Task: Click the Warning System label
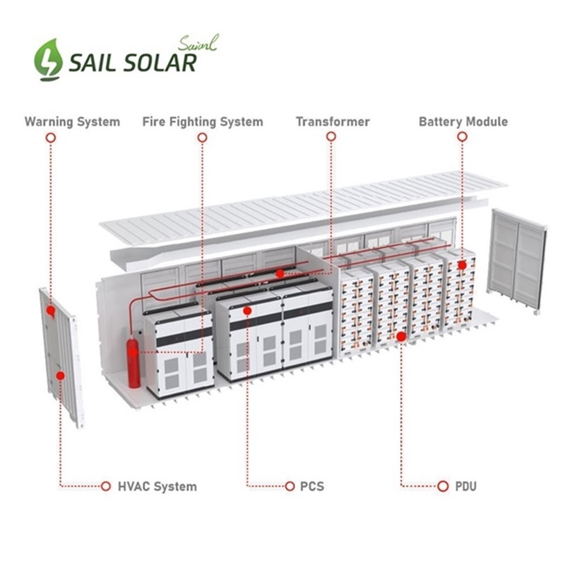coord(72,122)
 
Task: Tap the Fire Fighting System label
coord(203,122)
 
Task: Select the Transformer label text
coord(333,122)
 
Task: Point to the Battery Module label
coord(463,122)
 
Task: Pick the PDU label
coord(465,487)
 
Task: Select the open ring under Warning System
coord(51,137)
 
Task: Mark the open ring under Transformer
coord(331,137)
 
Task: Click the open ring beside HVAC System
coord(106,486)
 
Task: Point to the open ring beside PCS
coord(290,486)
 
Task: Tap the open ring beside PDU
coord(442,486)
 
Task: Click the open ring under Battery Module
coord(462,137)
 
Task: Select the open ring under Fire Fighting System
coord(202,137)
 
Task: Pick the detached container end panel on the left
coord(61,354)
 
